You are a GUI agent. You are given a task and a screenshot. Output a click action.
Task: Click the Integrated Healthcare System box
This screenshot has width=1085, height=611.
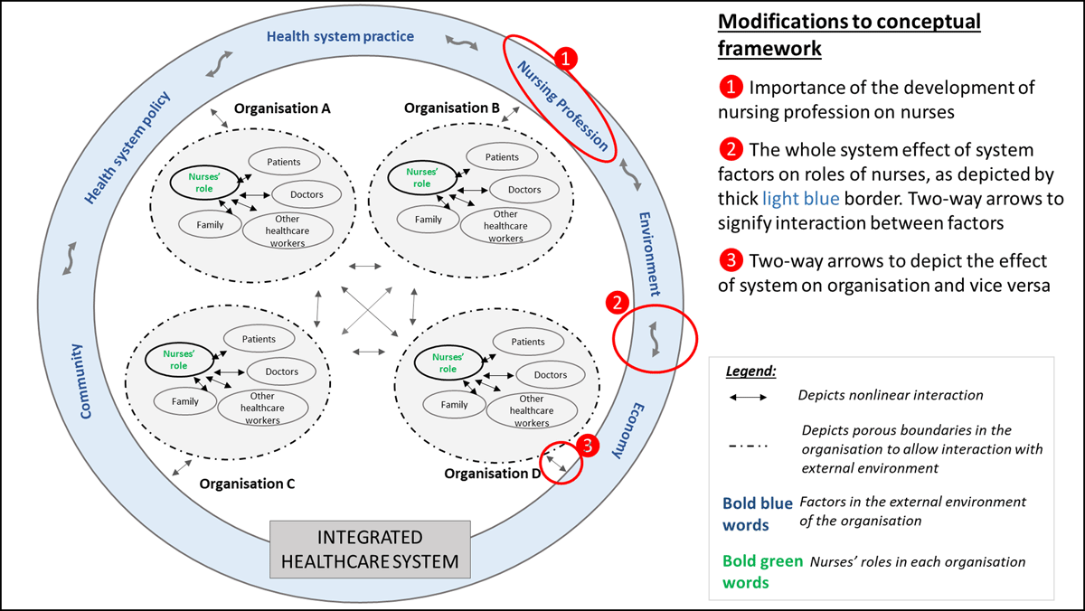(370, 550)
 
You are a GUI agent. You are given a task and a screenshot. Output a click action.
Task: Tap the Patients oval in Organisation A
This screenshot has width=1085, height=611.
(284, 162)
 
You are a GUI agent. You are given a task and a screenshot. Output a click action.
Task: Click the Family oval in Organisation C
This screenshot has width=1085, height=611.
(184, 401)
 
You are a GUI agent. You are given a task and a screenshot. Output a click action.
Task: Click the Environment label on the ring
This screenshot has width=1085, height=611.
(649, 254)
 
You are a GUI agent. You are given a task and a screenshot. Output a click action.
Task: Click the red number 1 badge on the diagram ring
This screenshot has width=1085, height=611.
(565, 59)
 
